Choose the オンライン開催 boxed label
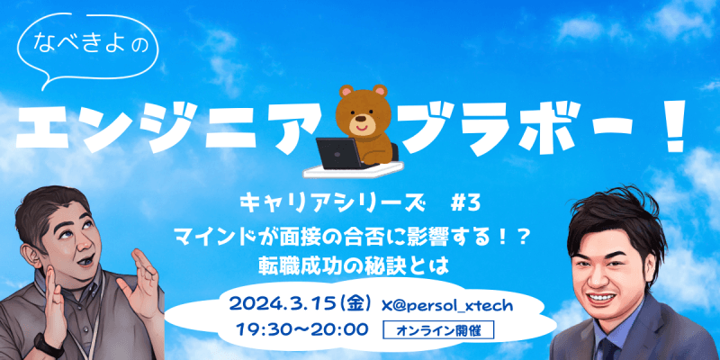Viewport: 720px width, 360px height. click(437, 329)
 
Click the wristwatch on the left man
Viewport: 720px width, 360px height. click(44, 341)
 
